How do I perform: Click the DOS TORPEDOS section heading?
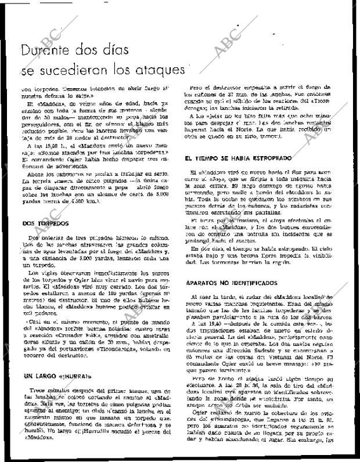pos(46,207)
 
